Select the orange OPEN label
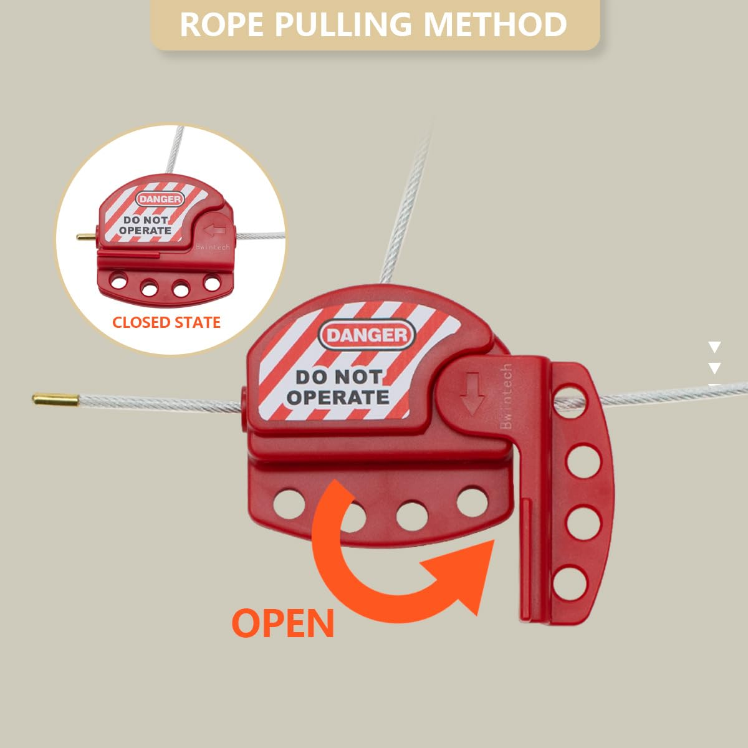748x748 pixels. point(282,623)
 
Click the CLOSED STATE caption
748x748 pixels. point(166,322)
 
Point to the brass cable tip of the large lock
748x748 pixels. point(55,399)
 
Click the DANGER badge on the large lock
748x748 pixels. point(367,335)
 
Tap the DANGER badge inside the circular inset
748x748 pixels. point(160,199)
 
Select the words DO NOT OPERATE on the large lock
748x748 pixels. point(338,388)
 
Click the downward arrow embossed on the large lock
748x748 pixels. point(472,394)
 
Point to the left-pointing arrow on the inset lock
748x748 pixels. point(214,230)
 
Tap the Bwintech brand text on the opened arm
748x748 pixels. point(506,396)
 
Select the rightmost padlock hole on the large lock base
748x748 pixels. point(472,502)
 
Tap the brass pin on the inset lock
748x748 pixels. point(87,236)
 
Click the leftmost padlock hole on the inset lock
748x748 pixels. point(119,280)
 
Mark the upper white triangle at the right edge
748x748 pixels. point(714,347)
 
